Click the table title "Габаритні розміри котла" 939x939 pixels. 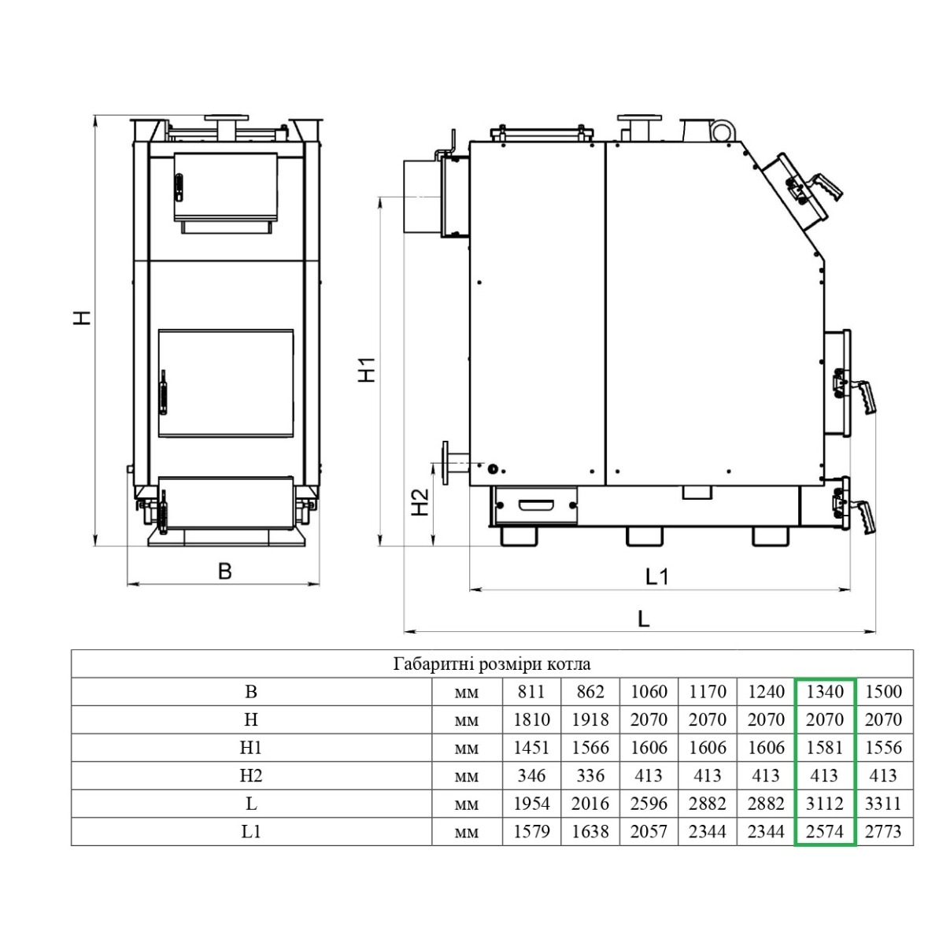(492, 664)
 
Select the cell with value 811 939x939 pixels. (531, 692)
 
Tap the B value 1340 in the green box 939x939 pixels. (825, 692)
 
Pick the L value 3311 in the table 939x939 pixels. (883, 803)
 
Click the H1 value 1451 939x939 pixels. (531, 748)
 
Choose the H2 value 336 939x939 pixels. (590, 775)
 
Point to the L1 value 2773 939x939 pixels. (883, 831)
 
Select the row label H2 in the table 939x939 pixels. (251, 775)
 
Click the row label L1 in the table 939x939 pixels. (251, 831)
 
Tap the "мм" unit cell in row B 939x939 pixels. (467, 693)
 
